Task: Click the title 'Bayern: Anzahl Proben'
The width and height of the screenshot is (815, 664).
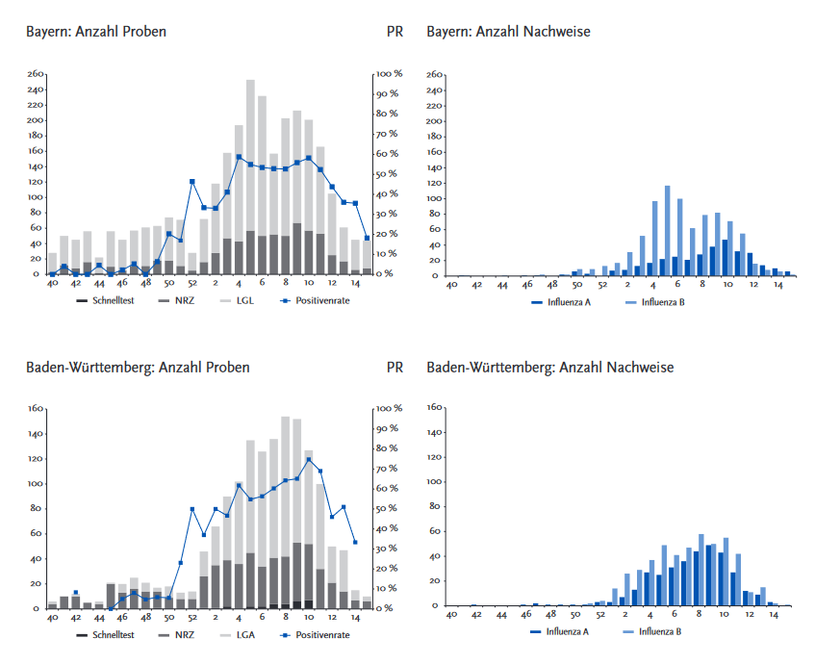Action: coord(95,32)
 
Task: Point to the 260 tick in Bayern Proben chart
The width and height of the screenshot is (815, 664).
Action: coord(37,74)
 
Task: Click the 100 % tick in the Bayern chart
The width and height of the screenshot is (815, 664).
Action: coord(390,74)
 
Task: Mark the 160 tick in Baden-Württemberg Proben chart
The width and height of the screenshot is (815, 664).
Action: coord(37,408)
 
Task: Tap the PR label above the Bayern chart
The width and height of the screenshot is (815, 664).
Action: coord(395,32)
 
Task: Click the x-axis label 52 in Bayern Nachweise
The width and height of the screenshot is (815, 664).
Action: coord(602,286)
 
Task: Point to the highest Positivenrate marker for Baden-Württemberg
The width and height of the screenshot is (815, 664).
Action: coord(308,459)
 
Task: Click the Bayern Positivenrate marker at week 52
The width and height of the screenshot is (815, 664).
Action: coord(192,182)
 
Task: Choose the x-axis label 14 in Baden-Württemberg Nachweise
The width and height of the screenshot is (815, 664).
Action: coord(772,617)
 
